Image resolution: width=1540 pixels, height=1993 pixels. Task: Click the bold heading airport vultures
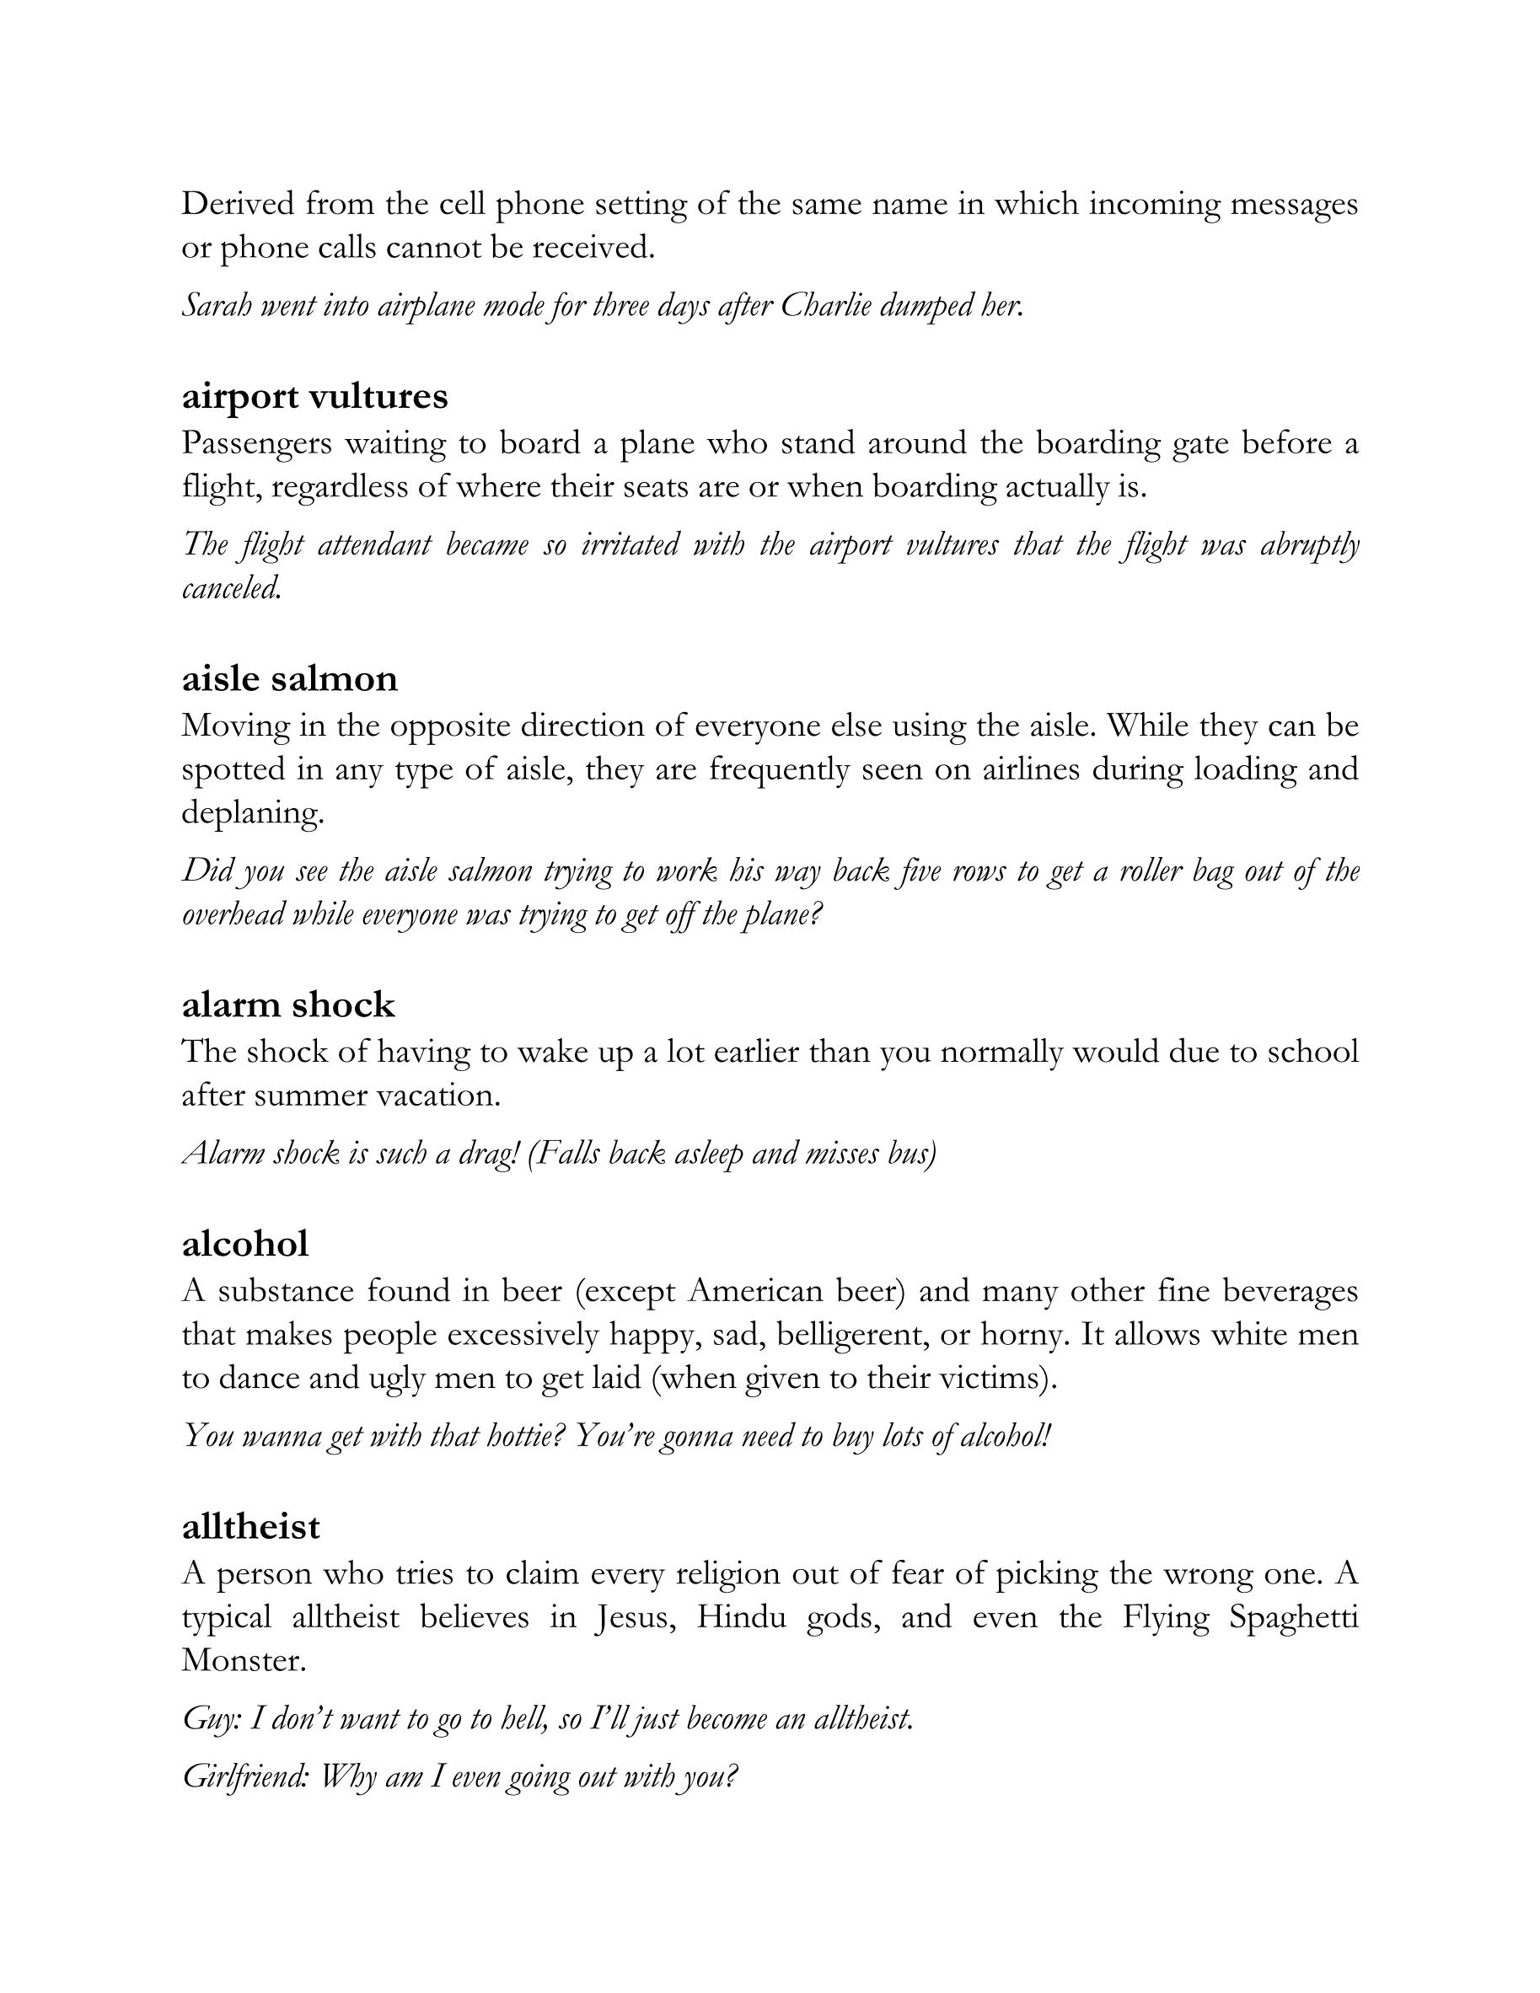(x=315, y=396)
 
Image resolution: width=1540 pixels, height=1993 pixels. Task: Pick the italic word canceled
(x=231, y=588)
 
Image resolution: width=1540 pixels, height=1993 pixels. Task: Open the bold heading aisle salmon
(x=289, y=679)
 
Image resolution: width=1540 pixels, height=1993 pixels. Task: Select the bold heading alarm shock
(x=287, y=1005)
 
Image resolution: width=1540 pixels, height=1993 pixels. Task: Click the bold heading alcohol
(x=244, y=1244)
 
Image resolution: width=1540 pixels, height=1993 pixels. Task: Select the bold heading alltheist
(x=250, y=1527)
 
